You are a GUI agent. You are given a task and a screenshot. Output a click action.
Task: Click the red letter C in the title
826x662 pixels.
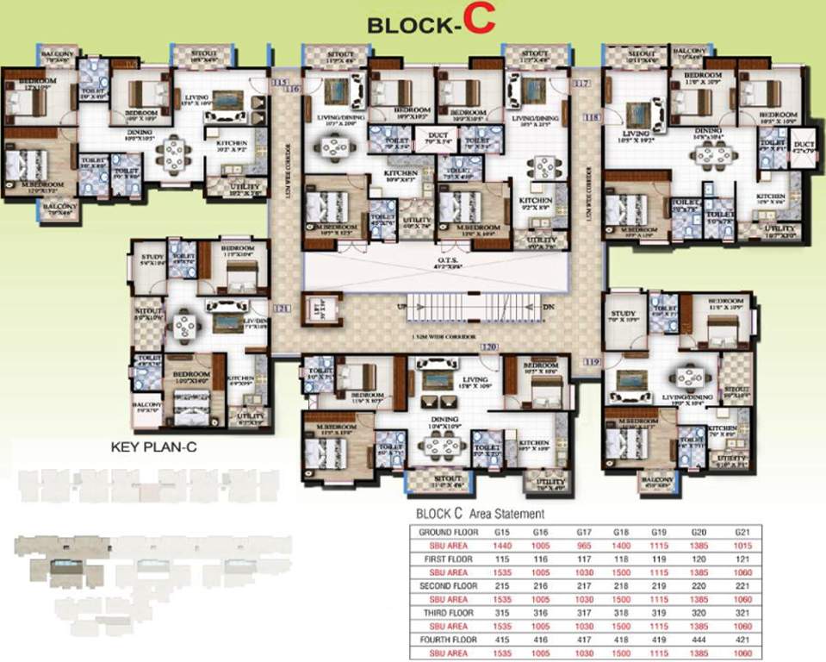click(x=480, y=21)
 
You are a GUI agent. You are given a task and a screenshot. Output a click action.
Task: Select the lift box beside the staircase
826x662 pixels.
click(x=320, y=309)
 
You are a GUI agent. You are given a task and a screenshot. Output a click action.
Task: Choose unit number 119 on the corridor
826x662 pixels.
click(x=591, y=363)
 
